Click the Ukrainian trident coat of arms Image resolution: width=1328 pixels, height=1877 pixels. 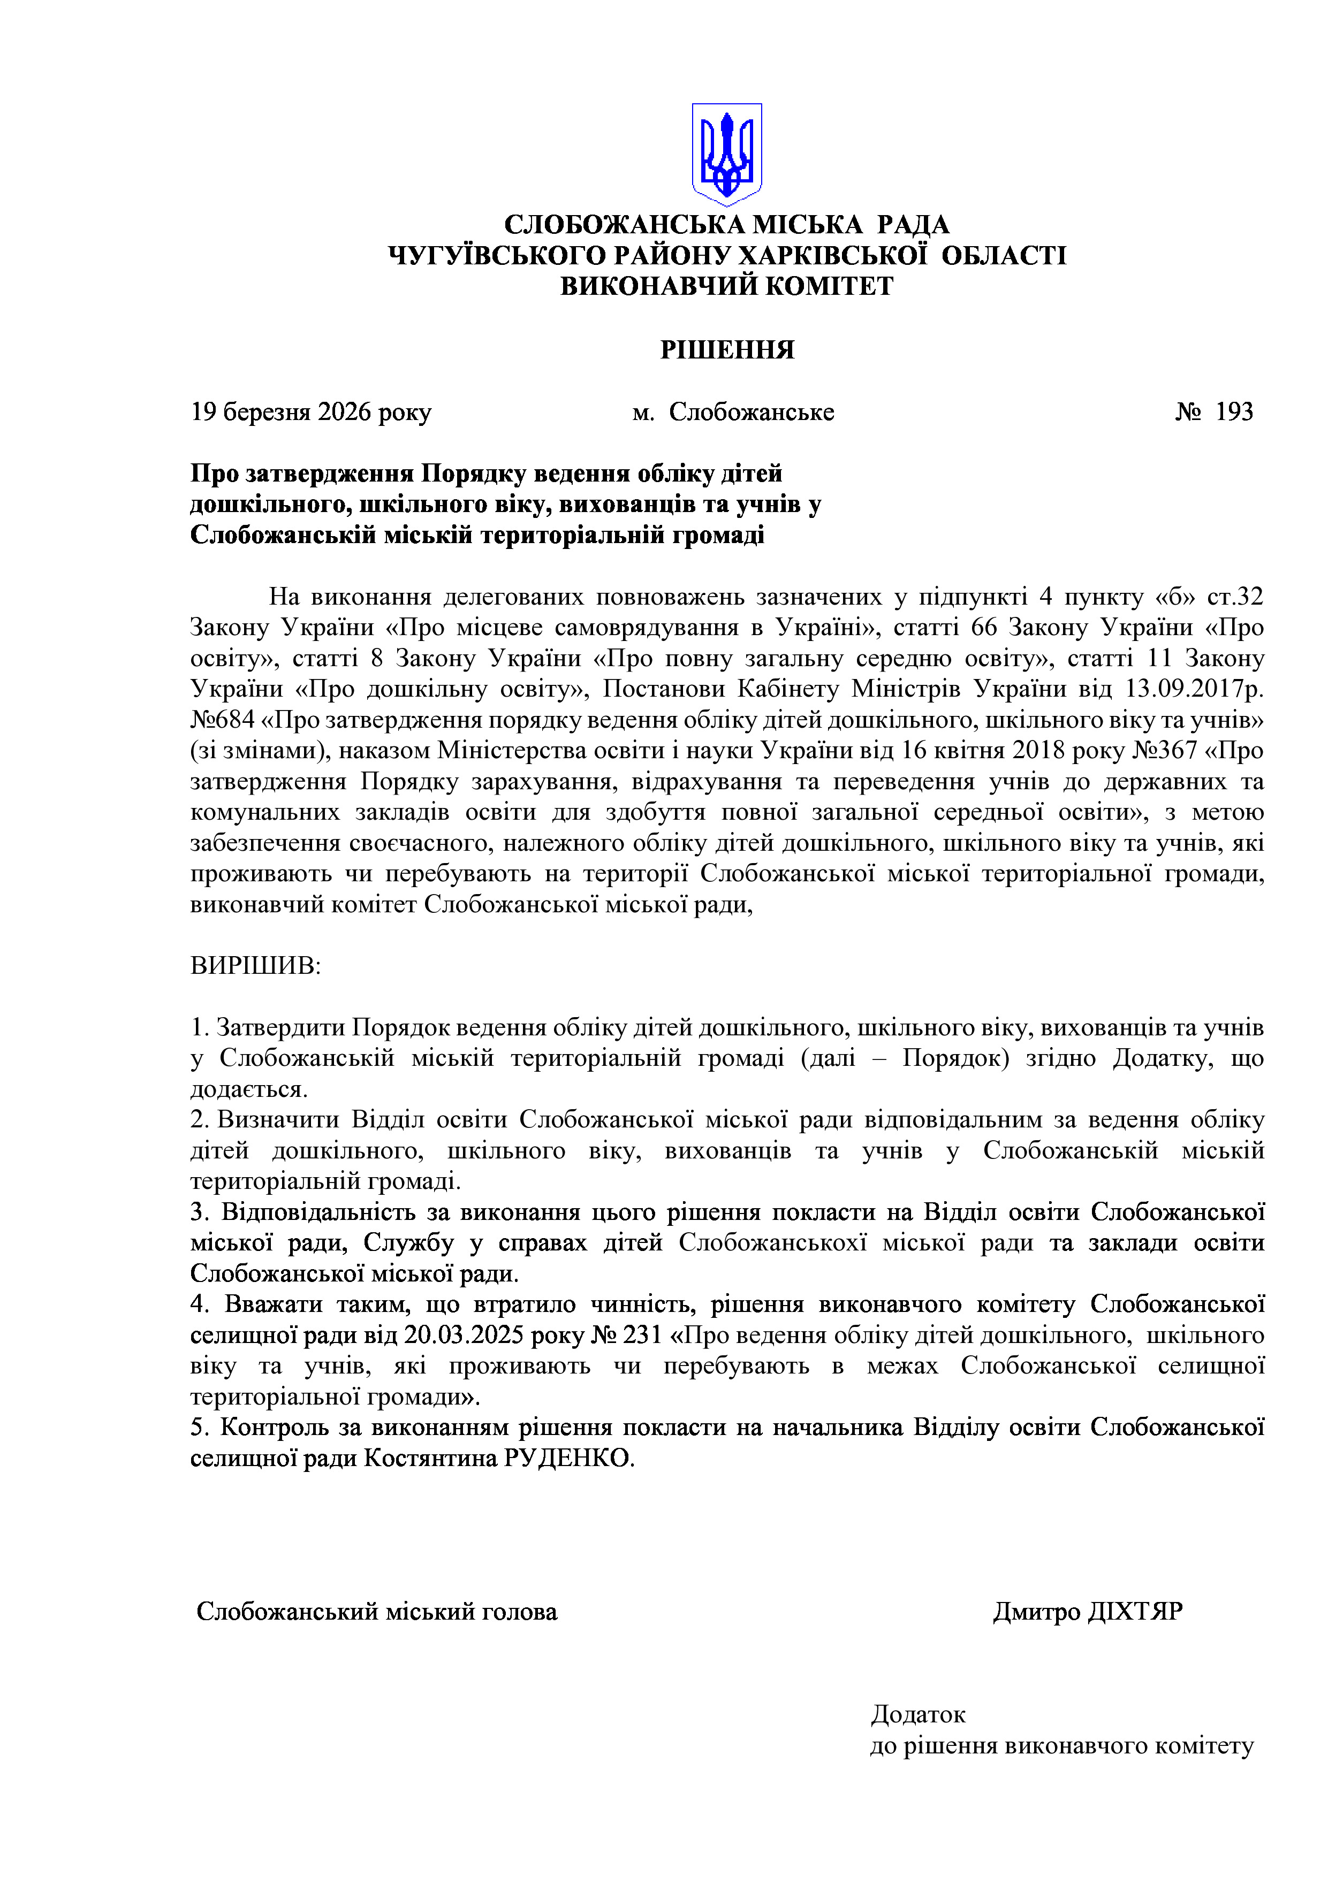pyautogui.click(x=726, y=153)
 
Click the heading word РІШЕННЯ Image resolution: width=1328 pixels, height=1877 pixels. pyautogui.click(x=727, y=350)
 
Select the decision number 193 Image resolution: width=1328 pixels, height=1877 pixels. pyautogui.click(x=1234, y=412)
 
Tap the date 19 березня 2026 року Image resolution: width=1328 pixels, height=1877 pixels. pyautogui.click(x=311, y=412)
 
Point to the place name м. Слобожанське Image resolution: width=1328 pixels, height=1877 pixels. pyautogui.click(x=733, y=412)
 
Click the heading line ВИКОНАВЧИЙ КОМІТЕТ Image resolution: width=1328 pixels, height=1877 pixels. pyautogui.click(x=727, y=286)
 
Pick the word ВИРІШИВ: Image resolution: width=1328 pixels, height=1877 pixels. pyautogui.click(x=256, y=965)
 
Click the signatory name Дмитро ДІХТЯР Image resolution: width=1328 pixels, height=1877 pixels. pyautogui.click(x=1088, y=1611)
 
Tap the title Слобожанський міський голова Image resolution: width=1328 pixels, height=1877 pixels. pyautogui.click(x=377, y=1611)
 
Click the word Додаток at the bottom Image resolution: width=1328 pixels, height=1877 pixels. pyautogui.click(x=919, y=1713)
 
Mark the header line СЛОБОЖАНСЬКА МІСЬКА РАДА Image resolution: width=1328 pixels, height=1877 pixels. pyautogui.click(x=727, y=225)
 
